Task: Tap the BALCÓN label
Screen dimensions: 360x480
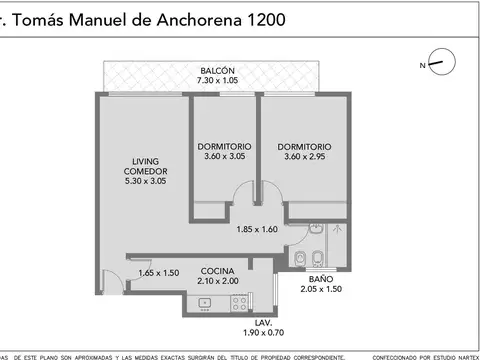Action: pyautogui.click(x=217, y=70)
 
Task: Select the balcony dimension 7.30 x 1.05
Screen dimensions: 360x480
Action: pyautogui.click(x=217, y=81)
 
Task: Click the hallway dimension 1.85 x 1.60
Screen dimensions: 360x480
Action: pyautogui.click(x=257, y=229)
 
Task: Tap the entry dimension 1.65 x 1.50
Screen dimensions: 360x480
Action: pyautogui.click(x=158, y=272)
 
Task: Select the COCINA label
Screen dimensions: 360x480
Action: pyautogui.click(x=217, y=271)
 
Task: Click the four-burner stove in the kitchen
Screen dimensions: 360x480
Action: pyautogui.click(x=239, y=301)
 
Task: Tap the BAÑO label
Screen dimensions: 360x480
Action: pyautogui.click(x=320, y=279)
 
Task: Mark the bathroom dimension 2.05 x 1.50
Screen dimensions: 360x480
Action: pyautogui.click(x=320, y=290)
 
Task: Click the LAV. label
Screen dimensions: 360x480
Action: pyautogui.click(x=262, y=323)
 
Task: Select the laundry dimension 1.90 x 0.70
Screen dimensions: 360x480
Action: pyautogui.click(x=262, y=334)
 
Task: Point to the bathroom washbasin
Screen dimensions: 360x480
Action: pyautogui.click(x=300, y=258)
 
